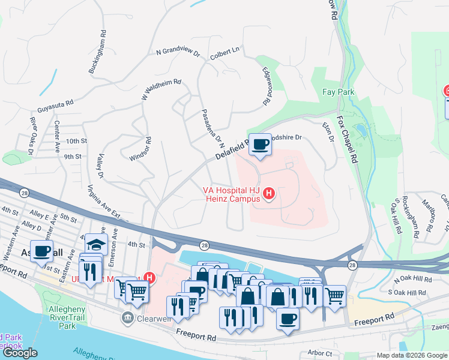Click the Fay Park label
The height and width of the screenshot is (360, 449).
click(x=339, y=92)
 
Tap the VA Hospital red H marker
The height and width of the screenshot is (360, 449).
click(x=270, y=193)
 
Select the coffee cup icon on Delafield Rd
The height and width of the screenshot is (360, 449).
click(x=260, y=145)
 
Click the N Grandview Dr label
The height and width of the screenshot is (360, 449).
click(x=178, y=53)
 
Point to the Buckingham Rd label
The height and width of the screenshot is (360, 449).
click(x=97, y=52)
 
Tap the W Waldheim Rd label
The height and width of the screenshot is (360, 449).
click(x=161, y=89)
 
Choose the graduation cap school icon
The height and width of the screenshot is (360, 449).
click(x=96, y=244)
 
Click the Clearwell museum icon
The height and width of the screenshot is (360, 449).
click(x=128, y=317)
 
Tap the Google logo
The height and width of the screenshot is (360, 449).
click(x=20, y=353)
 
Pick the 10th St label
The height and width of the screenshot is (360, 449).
click(x=77, y=141)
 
